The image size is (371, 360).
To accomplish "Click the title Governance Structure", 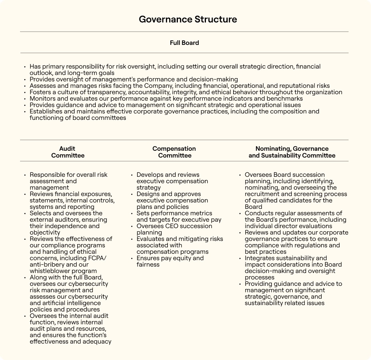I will pyautogui.click(x=188, y=19).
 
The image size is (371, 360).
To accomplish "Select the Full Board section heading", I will pyautogui.click(x=184, y=42).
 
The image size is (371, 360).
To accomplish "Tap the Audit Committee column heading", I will pyautogui.click(x=68, y=152).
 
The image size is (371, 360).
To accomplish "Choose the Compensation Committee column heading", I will pyautogui.click(x=174, y=152).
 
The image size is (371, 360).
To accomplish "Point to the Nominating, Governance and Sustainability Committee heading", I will pyautogui.click(x=292, y=152).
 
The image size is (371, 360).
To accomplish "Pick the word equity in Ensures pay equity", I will pyautogui.click(x=185, y=258).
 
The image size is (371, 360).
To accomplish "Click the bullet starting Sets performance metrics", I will pyautogui.click(x=179, y=216).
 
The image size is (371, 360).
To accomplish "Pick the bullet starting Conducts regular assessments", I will pyautogui.click(x=293, y=220).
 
